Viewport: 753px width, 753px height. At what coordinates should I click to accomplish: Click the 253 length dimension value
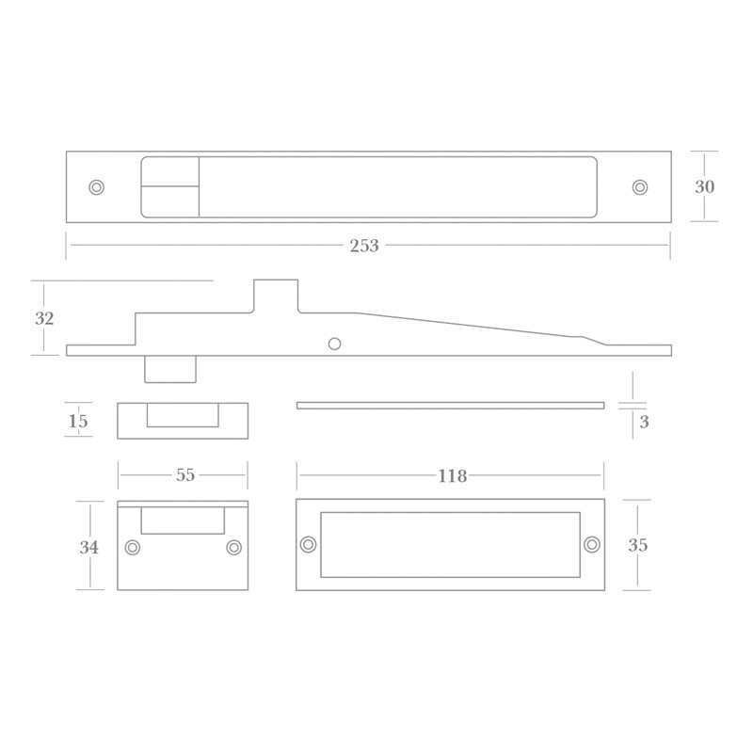[364, 246]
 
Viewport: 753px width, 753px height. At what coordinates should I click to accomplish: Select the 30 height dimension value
[705, 187]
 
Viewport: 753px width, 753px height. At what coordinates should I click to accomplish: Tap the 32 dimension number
[44, 319]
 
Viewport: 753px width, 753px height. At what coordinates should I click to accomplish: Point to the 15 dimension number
[78, 422]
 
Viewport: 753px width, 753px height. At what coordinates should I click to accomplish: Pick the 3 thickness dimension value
[645, 423]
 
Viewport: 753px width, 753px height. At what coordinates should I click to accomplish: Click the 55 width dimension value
[185, 475]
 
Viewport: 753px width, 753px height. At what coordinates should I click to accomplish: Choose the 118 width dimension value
[453, 476]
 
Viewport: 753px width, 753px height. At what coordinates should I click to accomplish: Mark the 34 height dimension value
[89, 547]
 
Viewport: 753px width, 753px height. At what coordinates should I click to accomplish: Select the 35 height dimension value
[638, 546]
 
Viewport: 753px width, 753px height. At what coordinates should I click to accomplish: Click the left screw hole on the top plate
[96, 187]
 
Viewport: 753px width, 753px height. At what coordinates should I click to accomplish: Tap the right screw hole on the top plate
[640, 187]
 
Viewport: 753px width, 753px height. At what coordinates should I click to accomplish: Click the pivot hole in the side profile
[334, 344]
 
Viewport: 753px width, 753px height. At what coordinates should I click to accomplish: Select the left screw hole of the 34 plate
[133, 548]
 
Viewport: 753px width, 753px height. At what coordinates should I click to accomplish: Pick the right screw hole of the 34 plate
[234, 548]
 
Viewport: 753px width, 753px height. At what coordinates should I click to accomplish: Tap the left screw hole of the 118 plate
[308, 544]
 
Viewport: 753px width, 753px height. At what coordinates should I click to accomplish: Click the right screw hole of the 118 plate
[592, 544]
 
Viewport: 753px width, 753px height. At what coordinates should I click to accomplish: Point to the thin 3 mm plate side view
[450, 406]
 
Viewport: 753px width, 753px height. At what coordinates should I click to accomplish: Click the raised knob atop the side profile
[276, 294]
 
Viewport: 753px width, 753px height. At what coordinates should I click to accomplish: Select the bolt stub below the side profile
[170, 369]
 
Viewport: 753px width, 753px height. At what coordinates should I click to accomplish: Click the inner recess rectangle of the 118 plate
[450, 545]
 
